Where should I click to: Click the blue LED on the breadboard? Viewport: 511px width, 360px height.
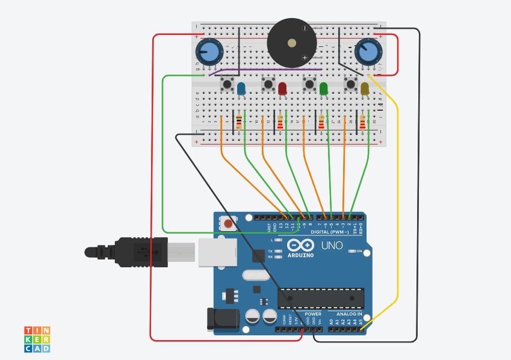click(x=241, y=88)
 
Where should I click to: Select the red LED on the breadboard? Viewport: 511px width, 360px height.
click(x=282, y=88)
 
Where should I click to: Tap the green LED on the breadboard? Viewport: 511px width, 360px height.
click(x=323, y=88)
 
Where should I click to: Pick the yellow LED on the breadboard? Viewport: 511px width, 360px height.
click(x=364, y=88)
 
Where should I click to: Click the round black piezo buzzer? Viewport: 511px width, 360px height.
click(x=292, y=43)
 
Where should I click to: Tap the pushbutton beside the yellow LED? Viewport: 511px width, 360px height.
click(x=350, y=84)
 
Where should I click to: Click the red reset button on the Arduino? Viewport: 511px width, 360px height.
click(x=228, y=224)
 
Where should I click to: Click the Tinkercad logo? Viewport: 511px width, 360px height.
click(x=37, y=340)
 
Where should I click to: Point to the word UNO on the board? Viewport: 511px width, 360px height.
click(x=332, y=246)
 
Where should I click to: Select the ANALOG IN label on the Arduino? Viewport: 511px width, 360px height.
click(x=349, y=314)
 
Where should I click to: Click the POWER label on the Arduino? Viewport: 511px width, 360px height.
click(x=313, y=314)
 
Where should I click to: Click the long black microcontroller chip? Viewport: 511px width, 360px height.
click(x=321, y=297)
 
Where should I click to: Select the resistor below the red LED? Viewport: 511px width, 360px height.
click(x=280, y=123)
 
